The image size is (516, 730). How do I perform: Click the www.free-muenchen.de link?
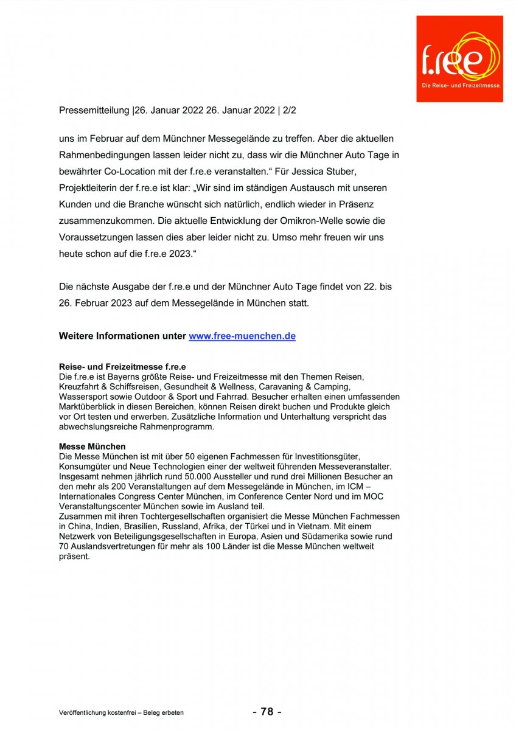pos(242,336)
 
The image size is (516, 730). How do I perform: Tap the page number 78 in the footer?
pos(267,712)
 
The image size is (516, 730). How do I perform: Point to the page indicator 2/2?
pos(288,111)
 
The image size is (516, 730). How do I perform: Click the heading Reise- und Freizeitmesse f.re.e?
pos(122,367)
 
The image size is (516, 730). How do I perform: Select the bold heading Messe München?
pos(92,447)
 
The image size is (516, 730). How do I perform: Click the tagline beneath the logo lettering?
pos(461,86)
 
